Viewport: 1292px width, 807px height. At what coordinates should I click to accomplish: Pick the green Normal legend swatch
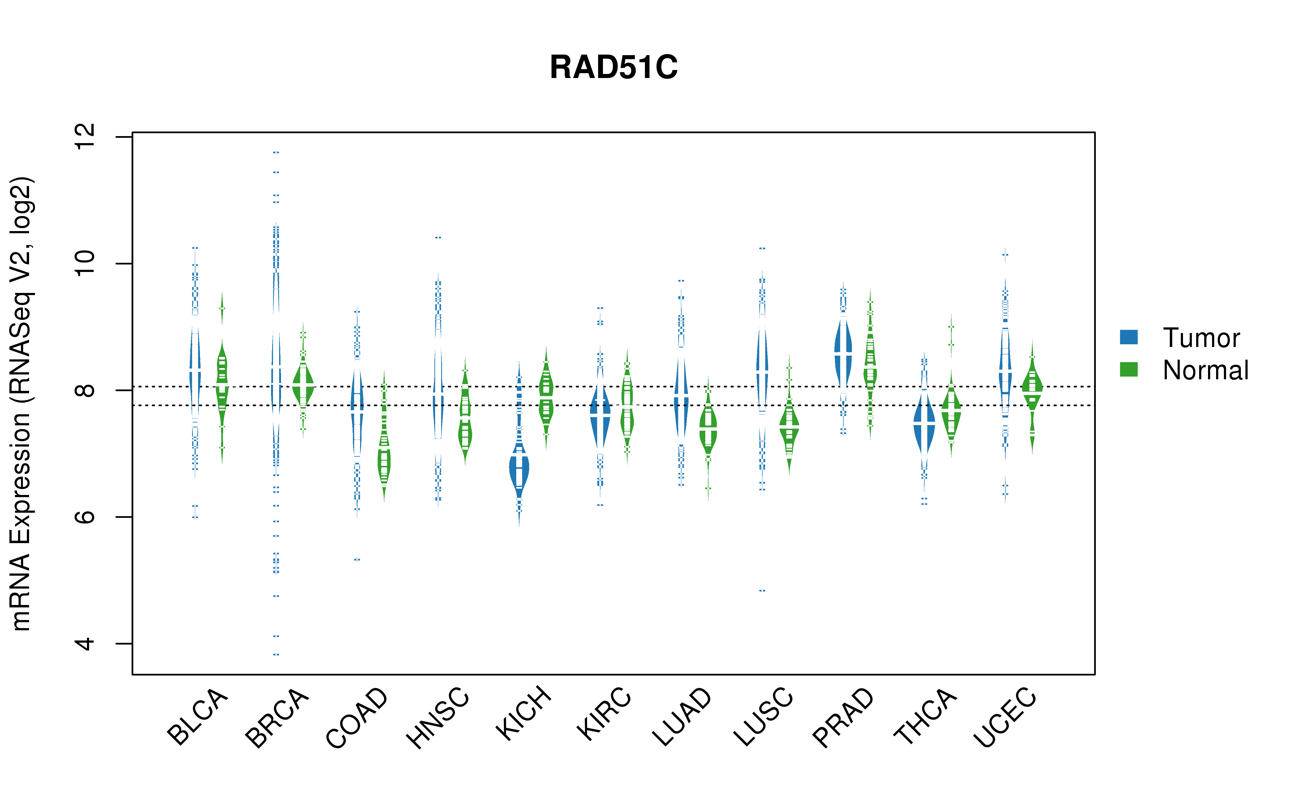1129,369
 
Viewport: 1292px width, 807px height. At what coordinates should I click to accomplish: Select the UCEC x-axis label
1005,717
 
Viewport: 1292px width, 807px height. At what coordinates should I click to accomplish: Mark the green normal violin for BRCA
303,384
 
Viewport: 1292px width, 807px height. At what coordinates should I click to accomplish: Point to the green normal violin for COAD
384,459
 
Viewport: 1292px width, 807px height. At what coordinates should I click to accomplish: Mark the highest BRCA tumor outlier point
276,152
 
